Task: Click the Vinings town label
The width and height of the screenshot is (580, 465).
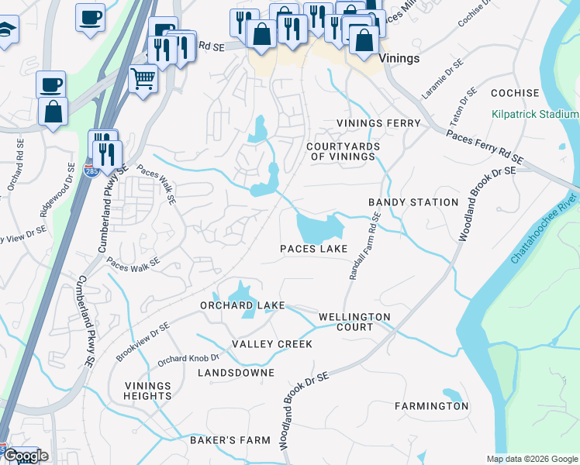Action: pyautogui.click(x=399, y=59)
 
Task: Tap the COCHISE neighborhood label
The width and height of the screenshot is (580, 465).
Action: pyautogui.click(x=514, y=93)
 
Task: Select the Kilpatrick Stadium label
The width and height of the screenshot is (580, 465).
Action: pyautogui.click(x=535, y=114)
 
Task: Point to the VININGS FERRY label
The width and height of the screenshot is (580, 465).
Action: pyautogui.click(x=378, y=123)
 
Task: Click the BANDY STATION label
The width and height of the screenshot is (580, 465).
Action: pyautogui.click(x=413, y=202)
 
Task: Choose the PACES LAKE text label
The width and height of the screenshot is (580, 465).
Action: pyautogui.click(x=313, y=250)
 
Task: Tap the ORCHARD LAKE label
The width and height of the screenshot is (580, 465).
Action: pyautogui.click(x=242, y=305)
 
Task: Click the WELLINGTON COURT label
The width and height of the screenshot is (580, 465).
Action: pyautogui.click(x=354, y=322)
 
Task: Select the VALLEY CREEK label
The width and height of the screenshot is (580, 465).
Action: pyautogui.click(x=272, y=344)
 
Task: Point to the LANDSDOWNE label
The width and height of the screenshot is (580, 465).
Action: pyautogui.click(x=236, y=373)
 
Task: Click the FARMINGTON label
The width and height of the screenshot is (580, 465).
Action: pyautogui.click(x=431, y=406)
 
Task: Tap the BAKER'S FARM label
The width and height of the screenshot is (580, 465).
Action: pyautogui.click(x=230, y=440)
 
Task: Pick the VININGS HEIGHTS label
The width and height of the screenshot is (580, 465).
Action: pyautogui.click(x=147, y=391)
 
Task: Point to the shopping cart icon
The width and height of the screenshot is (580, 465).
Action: pyautogui.click(x=143, y=78)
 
